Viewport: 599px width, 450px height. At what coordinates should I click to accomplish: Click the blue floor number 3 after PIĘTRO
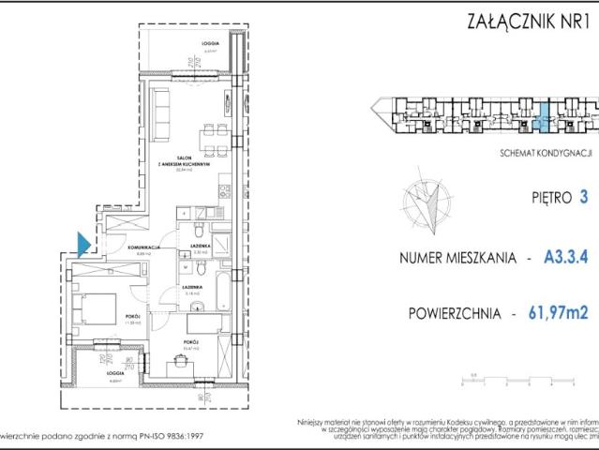(585, 197)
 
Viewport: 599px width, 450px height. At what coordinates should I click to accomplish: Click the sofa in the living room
(160, 112)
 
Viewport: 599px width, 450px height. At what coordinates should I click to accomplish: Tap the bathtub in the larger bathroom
(219, 293)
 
